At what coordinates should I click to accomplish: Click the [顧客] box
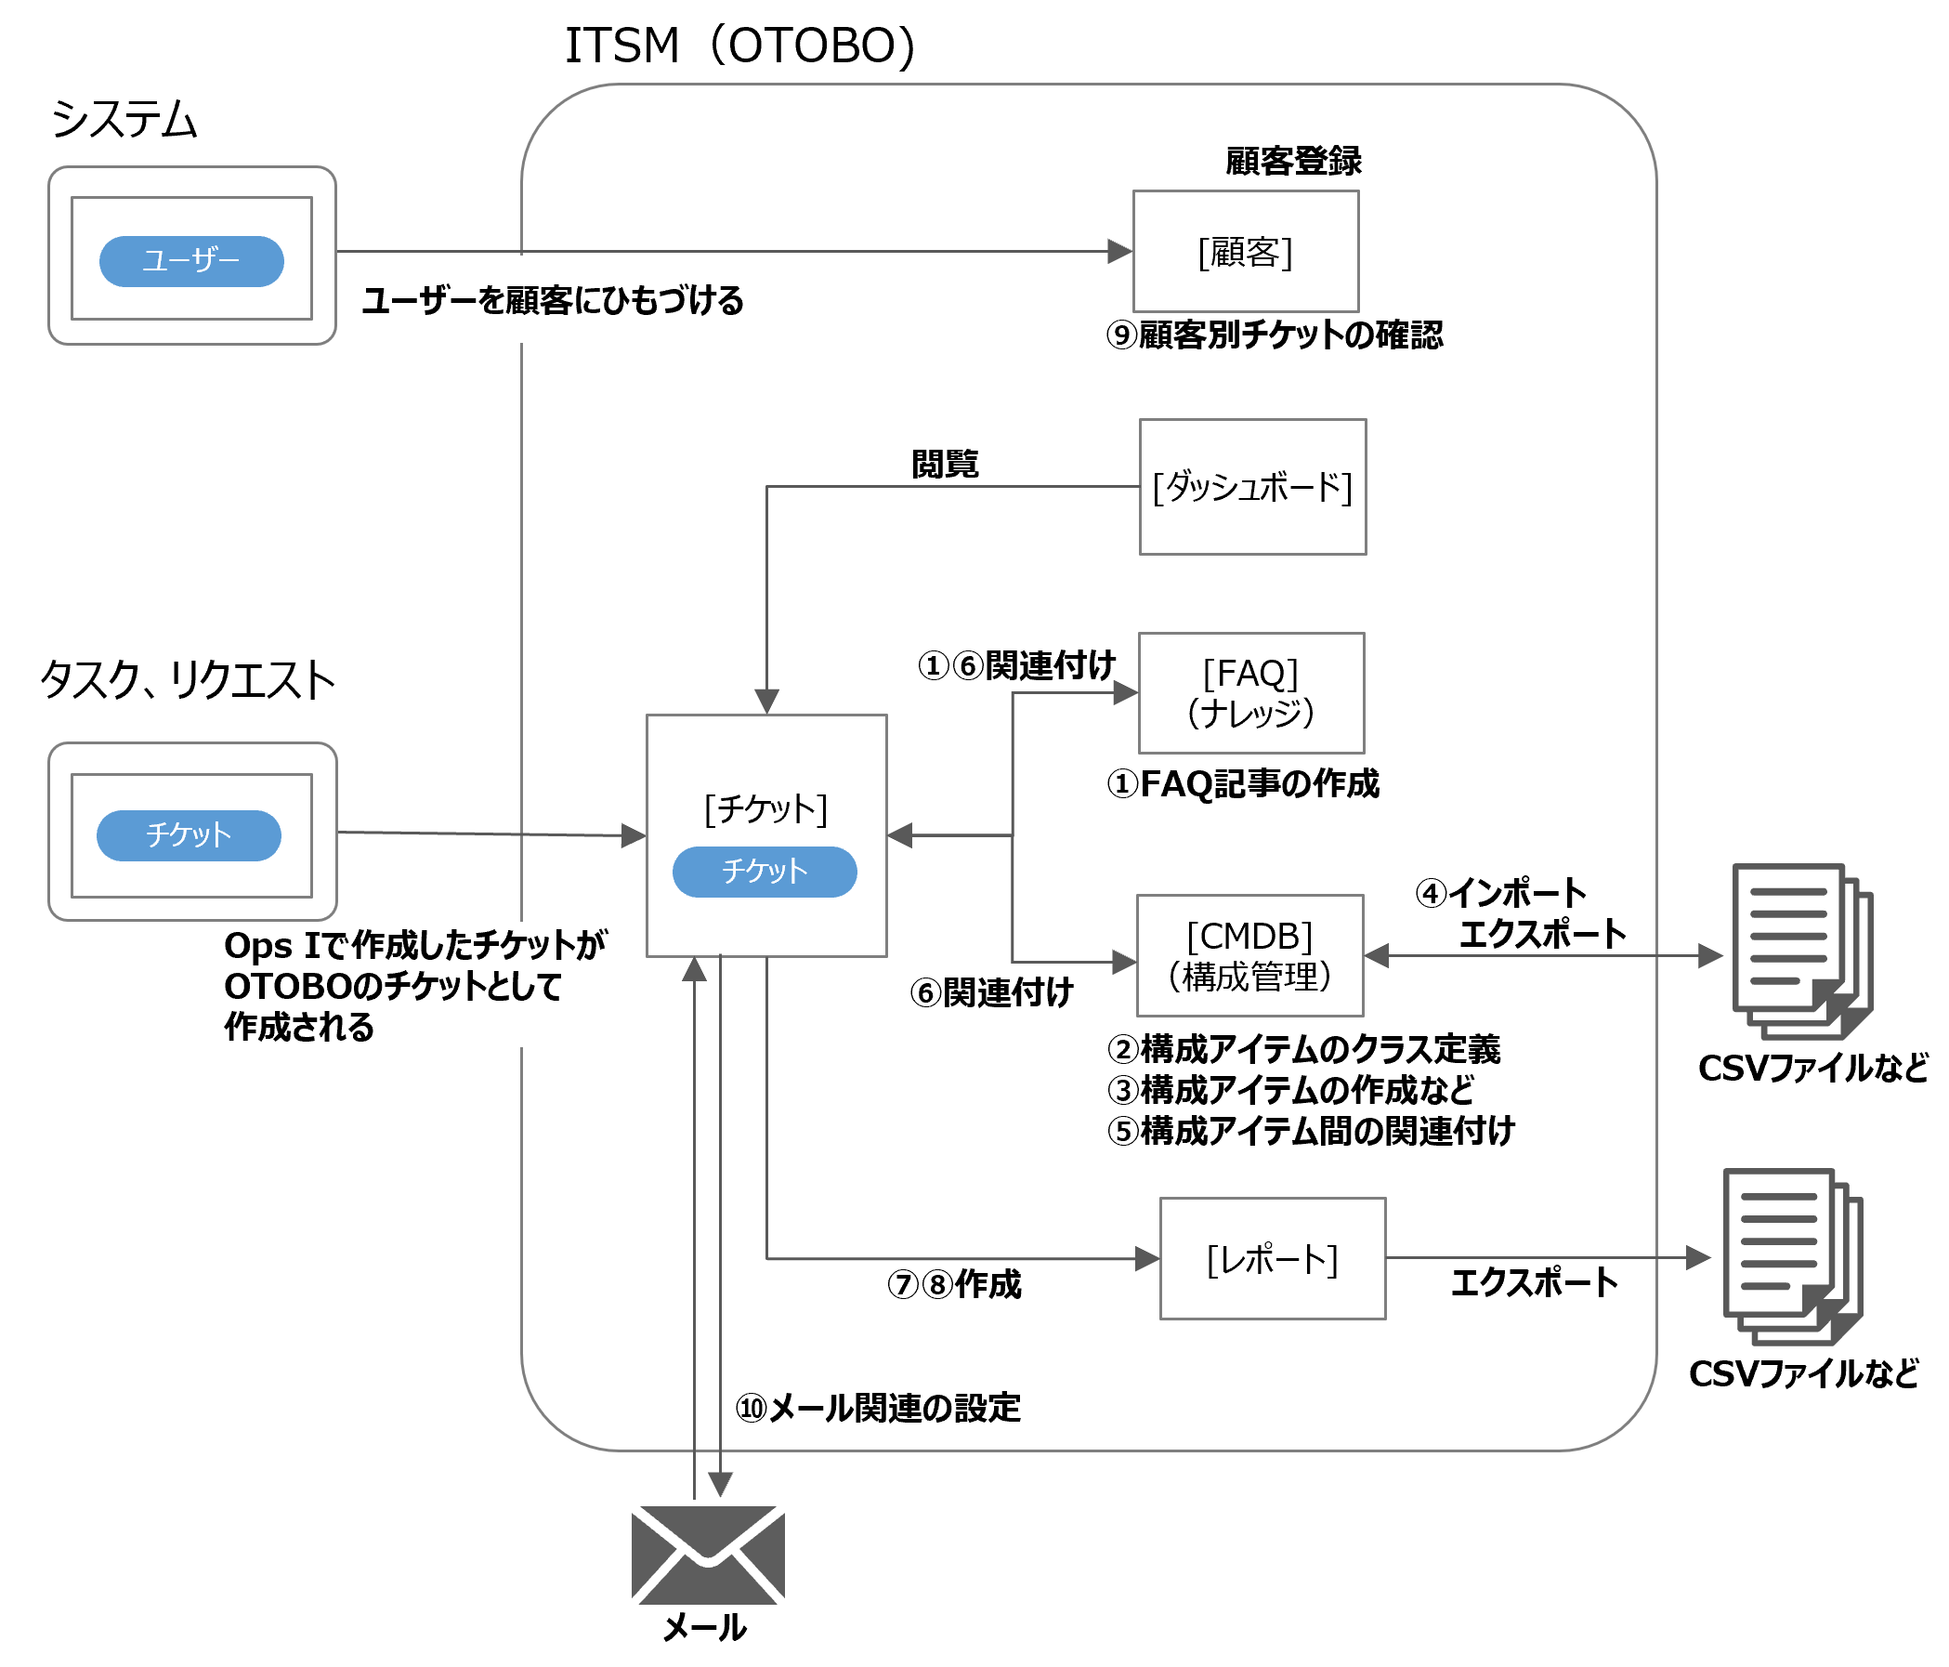click(x=1246, y=252)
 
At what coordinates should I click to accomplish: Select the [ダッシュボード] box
click(x=1252, y=487)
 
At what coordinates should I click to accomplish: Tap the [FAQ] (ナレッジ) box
click(x=1251, y=693)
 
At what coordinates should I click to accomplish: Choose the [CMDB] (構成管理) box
click(x=1249, y=956)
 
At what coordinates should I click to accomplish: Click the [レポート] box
click(x=1272, y=1259)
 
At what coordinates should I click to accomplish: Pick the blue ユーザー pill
click(x=192, y=260)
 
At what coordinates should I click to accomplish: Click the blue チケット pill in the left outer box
click(x=190, y=835)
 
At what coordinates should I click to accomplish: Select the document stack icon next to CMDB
click(x=1801, y=952)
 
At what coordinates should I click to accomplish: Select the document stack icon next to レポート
click(x=1792, y=1257)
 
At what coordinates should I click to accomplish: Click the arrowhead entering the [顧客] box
click(x=1120, y=251)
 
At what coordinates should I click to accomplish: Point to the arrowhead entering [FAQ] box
click(x=1126, y=693)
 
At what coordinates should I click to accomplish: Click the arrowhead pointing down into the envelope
click(x=720, y=1486)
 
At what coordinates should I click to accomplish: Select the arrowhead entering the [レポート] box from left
click(x=1147, y=1259)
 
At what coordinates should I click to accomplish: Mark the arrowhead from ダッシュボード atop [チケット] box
click(x=766, y=702)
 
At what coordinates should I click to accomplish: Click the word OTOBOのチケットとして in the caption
click(x=392, y=987)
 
